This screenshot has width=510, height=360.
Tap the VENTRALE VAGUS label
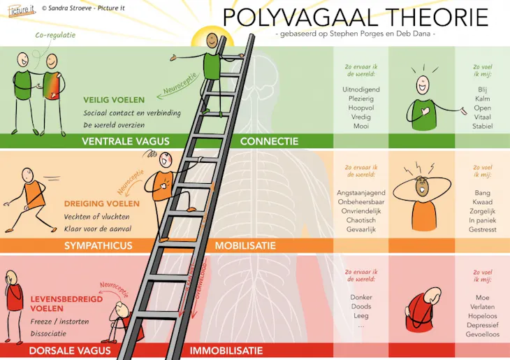pos(126,141)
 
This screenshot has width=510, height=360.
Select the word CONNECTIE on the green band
pos(269,141)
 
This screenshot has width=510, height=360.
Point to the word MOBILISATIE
pos(245,245)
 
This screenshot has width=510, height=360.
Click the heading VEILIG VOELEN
pos(114,100)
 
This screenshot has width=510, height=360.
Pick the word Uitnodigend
pos(361,89)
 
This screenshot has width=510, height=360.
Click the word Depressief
pos(482,325)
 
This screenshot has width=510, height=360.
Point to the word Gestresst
pos(482,229)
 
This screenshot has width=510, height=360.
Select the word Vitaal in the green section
pos(482,117)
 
